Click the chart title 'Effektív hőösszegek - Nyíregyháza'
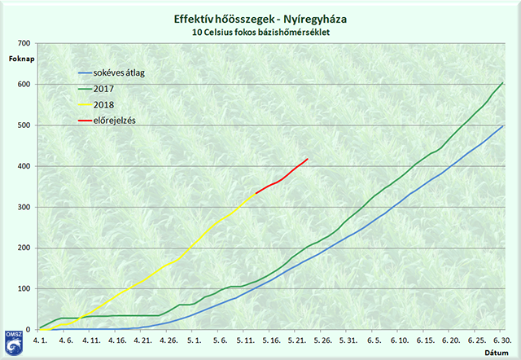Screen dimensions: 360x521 (x=260, y=18)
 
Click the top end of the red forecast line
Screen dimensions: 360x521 (x=307, y=159)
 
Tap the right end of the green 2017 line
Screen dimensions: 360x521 (x=502, y=83)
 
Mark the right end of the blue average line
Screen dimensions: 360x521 (x=502, y=126)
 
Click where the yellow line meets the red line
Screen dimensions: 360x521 (x=256, y=193)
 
